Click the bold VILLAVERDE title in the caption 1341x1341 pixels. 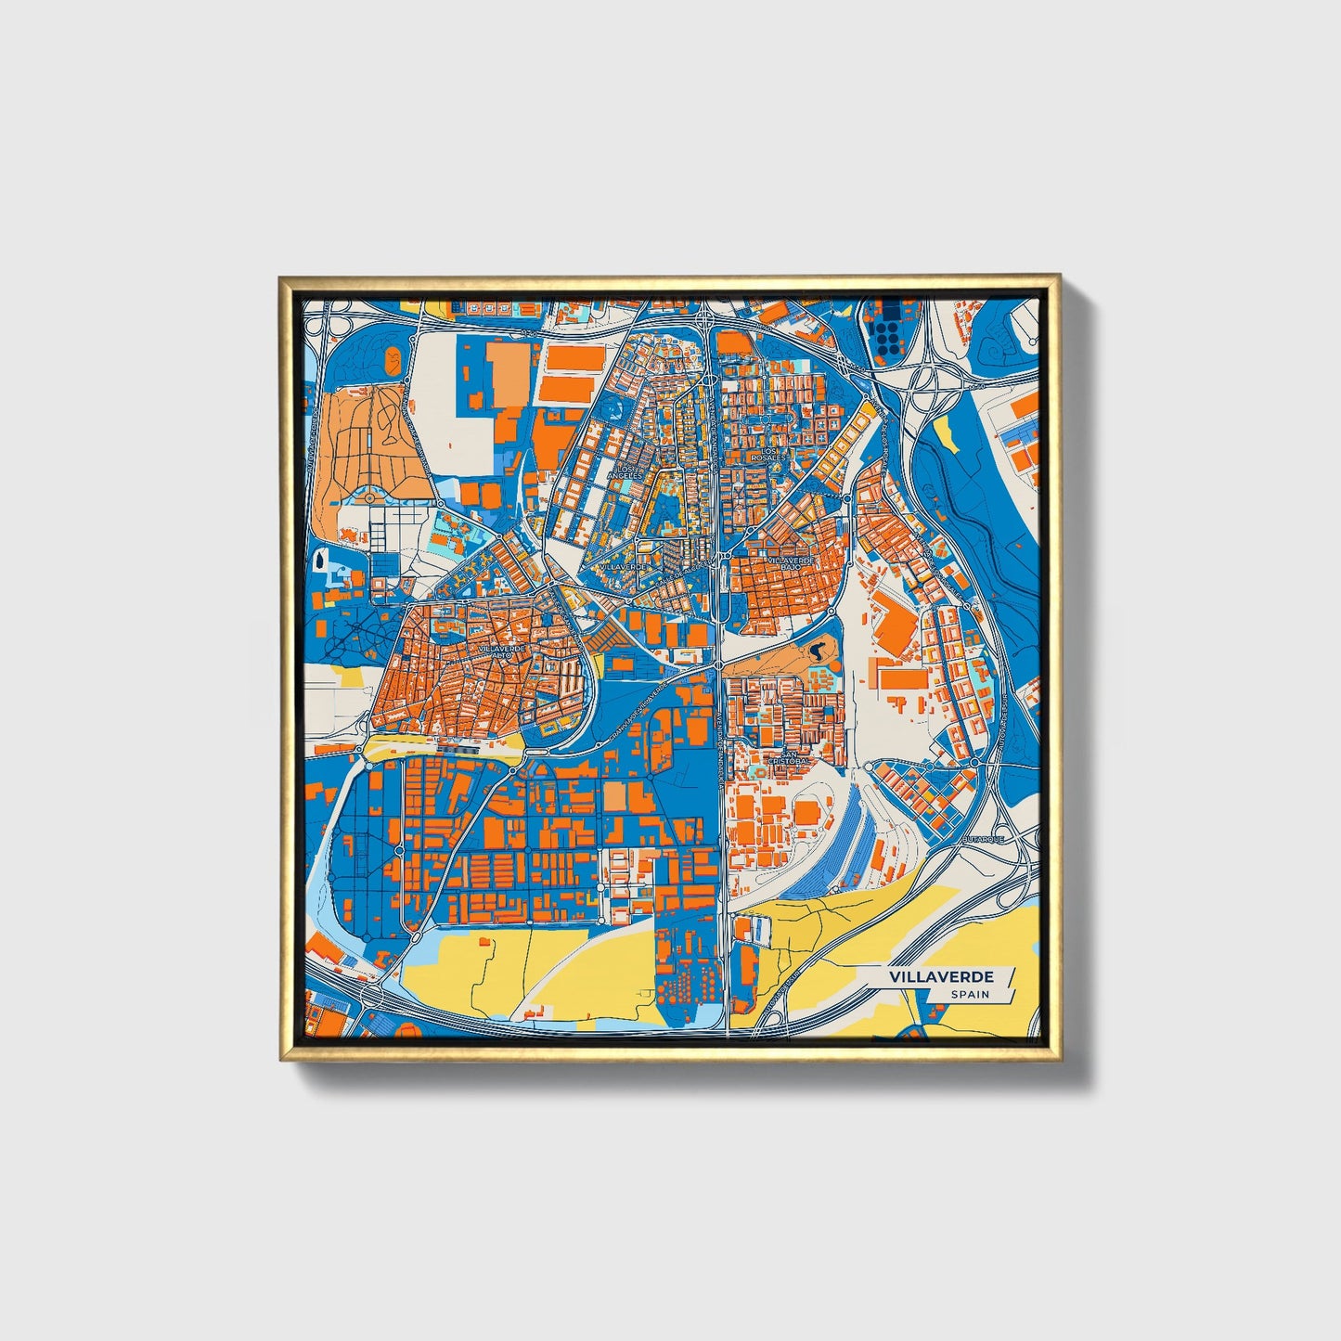[x=941, y=977]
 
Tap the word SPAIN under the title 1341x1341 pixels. [x=969, y=995]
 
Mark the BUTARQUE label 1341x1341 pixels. [x=984, y=838]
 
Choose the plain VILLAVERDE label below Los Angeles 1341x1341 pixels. [x=622, y=565]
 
